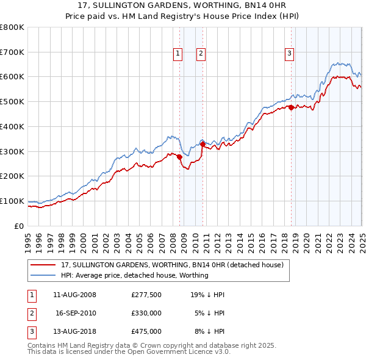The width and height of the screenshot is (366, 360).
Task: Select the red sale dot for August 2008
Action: coord(180,157)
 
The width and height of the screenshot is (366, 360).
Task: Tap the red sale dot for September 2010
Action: coord(203,144)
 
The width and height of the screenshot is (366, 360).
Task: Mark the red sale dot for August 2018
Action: coord(291,108)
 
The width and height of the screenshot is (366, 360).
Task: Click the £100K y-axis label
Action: coord(12,201)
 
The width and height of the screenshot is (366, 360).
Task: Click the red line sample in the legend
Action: coord(44,265)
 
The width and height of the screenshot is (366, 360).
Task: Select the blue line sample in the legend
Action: coord(44,275)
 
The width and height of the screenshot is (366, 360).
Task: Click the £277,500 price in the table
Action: coord(146,295)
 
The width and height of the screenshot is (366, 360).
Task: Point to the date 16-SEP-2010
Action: coord(76,313)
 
